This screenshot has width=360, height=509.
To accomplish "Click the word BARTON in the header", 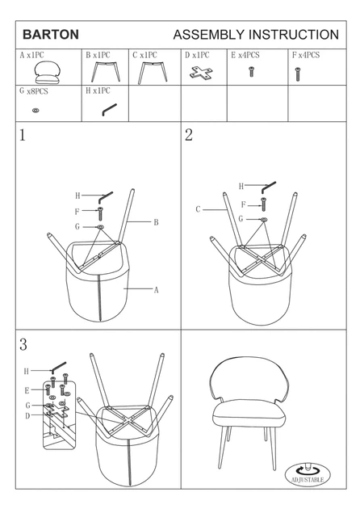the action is click(x=51, y=35).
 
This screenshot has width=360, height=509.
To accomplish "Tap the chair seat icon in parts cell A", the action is click(x=47, y=73).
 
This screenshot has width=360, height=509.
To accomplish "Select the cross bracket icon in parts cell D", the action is click(x=202, y=73).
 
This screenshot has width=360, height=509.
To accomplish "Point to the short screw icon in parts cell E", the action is click(x=251, y=71).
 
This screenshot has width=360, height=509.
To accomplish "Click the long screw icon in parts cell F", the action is click(x=297, y=74).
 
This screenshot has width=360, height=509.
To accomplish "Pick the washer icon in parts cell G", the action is click(x=36, y=111).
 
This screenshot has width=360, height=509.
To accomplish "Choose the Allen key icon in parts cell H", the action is click(x=109, y=109).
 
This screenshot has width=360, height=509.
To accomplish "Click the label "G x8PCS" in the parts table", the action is click(x=34, y=90).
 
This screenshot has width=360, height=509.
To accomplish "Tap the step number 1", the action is click(x=22, y=135).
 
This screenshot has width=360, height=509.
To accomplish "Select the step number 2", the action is click(x=189, y=135).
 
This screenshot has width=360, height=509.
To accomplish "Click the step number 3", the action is click(x=23, y=345).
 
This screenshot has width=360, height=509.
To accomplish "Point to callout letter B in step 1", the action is click(x=156, y=222).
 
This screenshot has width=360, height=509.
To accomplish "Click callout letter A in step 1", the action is click(x=156, y=290).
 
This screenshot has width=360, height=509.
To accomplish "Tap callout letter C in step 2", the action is click(x=199, y=209).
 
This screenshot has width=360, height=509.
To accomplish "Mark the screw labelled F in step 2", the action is click(x=263, y=204).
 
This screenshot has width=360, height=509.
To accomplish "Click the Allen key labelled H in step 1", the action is click(x=106, y=197).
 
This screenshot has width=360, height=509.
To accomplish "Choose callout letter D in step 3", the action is click(x=27, y=416).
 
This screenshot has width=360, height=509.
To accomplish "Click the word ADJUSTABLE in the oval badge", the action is click(x=308, y=479).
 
